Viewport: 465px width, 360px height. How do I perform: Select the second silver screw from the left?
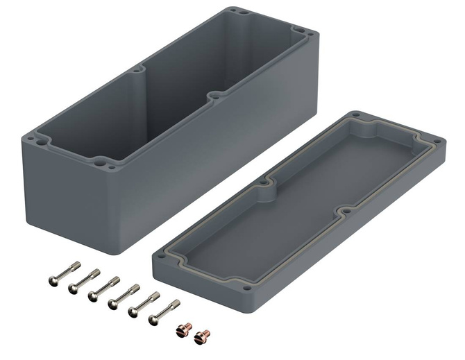[x=83, y=280]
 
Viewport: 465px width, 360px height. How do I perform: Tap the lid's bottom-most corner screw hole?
[x=248, y=285]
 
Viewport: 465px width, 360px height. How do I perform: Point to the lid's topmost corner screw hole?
[x=357, y=116]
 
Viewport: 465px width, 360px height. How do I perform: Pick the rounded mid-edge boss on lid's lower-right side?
[x=345, y=212]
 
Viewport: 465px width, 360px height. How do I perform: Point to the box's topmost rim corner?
[x=232, y=11]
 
